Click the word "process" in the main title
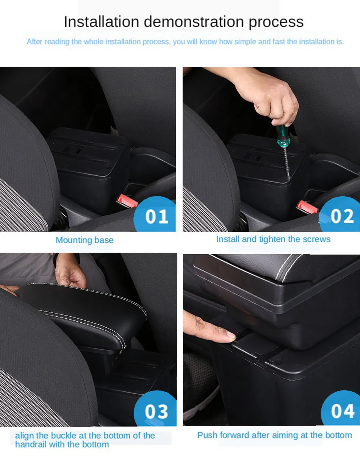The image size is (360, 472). click(x=276, y=22)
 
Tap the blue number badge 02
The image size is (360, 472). click(x=342, y=216)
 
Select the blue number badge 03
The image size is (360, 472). click(x=156, y=411)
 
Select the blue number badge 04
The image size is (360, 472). click(x=342, y=411)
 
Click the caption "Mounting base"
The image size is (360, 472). click(x=85, y=240)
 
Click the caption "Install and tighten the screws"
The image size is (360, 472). click(x=273, y=239)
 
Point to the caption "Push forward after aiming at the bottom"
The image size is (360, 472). click(x=274, y=435)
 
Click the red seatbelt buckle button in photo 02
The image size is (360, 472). click(x=307, y=206)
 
